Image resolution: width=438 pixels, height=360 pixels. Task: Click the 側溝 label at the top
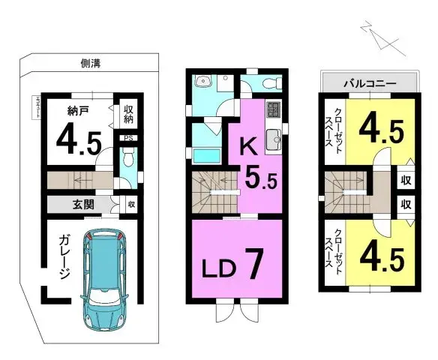click(91, 64)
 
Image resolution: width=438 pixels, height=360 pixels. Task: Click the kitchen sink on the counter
click(274, 137)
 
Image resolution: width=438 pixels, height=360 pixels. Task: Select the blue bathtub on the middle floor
click(207, 156)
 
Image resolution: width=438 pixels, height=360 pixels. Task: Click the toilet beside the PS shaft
click(127, 160)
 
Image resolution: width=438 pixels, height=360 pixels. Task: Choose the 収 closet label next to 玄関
click(130, 204)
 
